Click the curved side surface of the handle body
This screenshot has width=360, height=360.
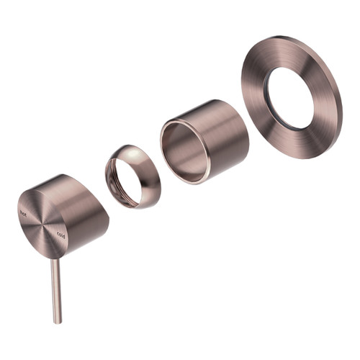click(79, 205)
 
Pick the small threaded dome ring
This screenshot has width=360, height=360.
click(132, 176)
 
